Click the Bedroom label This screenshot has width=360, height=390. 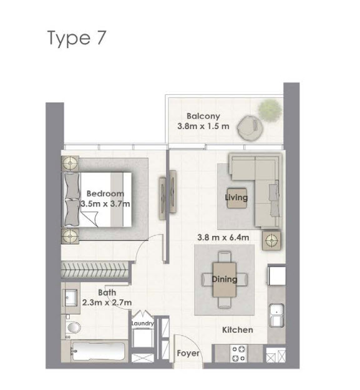click(x=105, y=193)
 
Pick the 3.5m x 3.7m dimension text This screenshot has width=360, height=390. click(x=105, y=203)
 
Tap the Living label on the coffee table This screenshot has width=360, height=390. click(x=236, y=198)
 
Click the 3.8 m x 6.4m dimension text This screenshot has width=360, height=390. click(x=223, y=237)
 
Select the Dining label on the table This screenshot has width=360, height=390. click(x=224, y=279)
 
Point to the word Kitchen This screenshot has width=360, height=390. click(x=237, y=329)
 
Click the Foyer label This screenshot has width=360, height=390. click(x=188, y=353)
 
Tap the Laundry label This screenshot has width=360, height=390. click(x=142, y=324)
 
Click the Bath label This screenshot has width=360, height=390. click(x=107, y=292)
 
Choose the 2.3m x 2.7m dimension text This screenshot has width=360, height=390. click(x=107, y=303)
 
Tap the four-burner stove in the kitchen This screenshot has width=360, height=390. click(x=240, y=354)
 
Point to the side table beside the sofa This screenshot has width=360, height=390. click(x=271, y=240)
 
